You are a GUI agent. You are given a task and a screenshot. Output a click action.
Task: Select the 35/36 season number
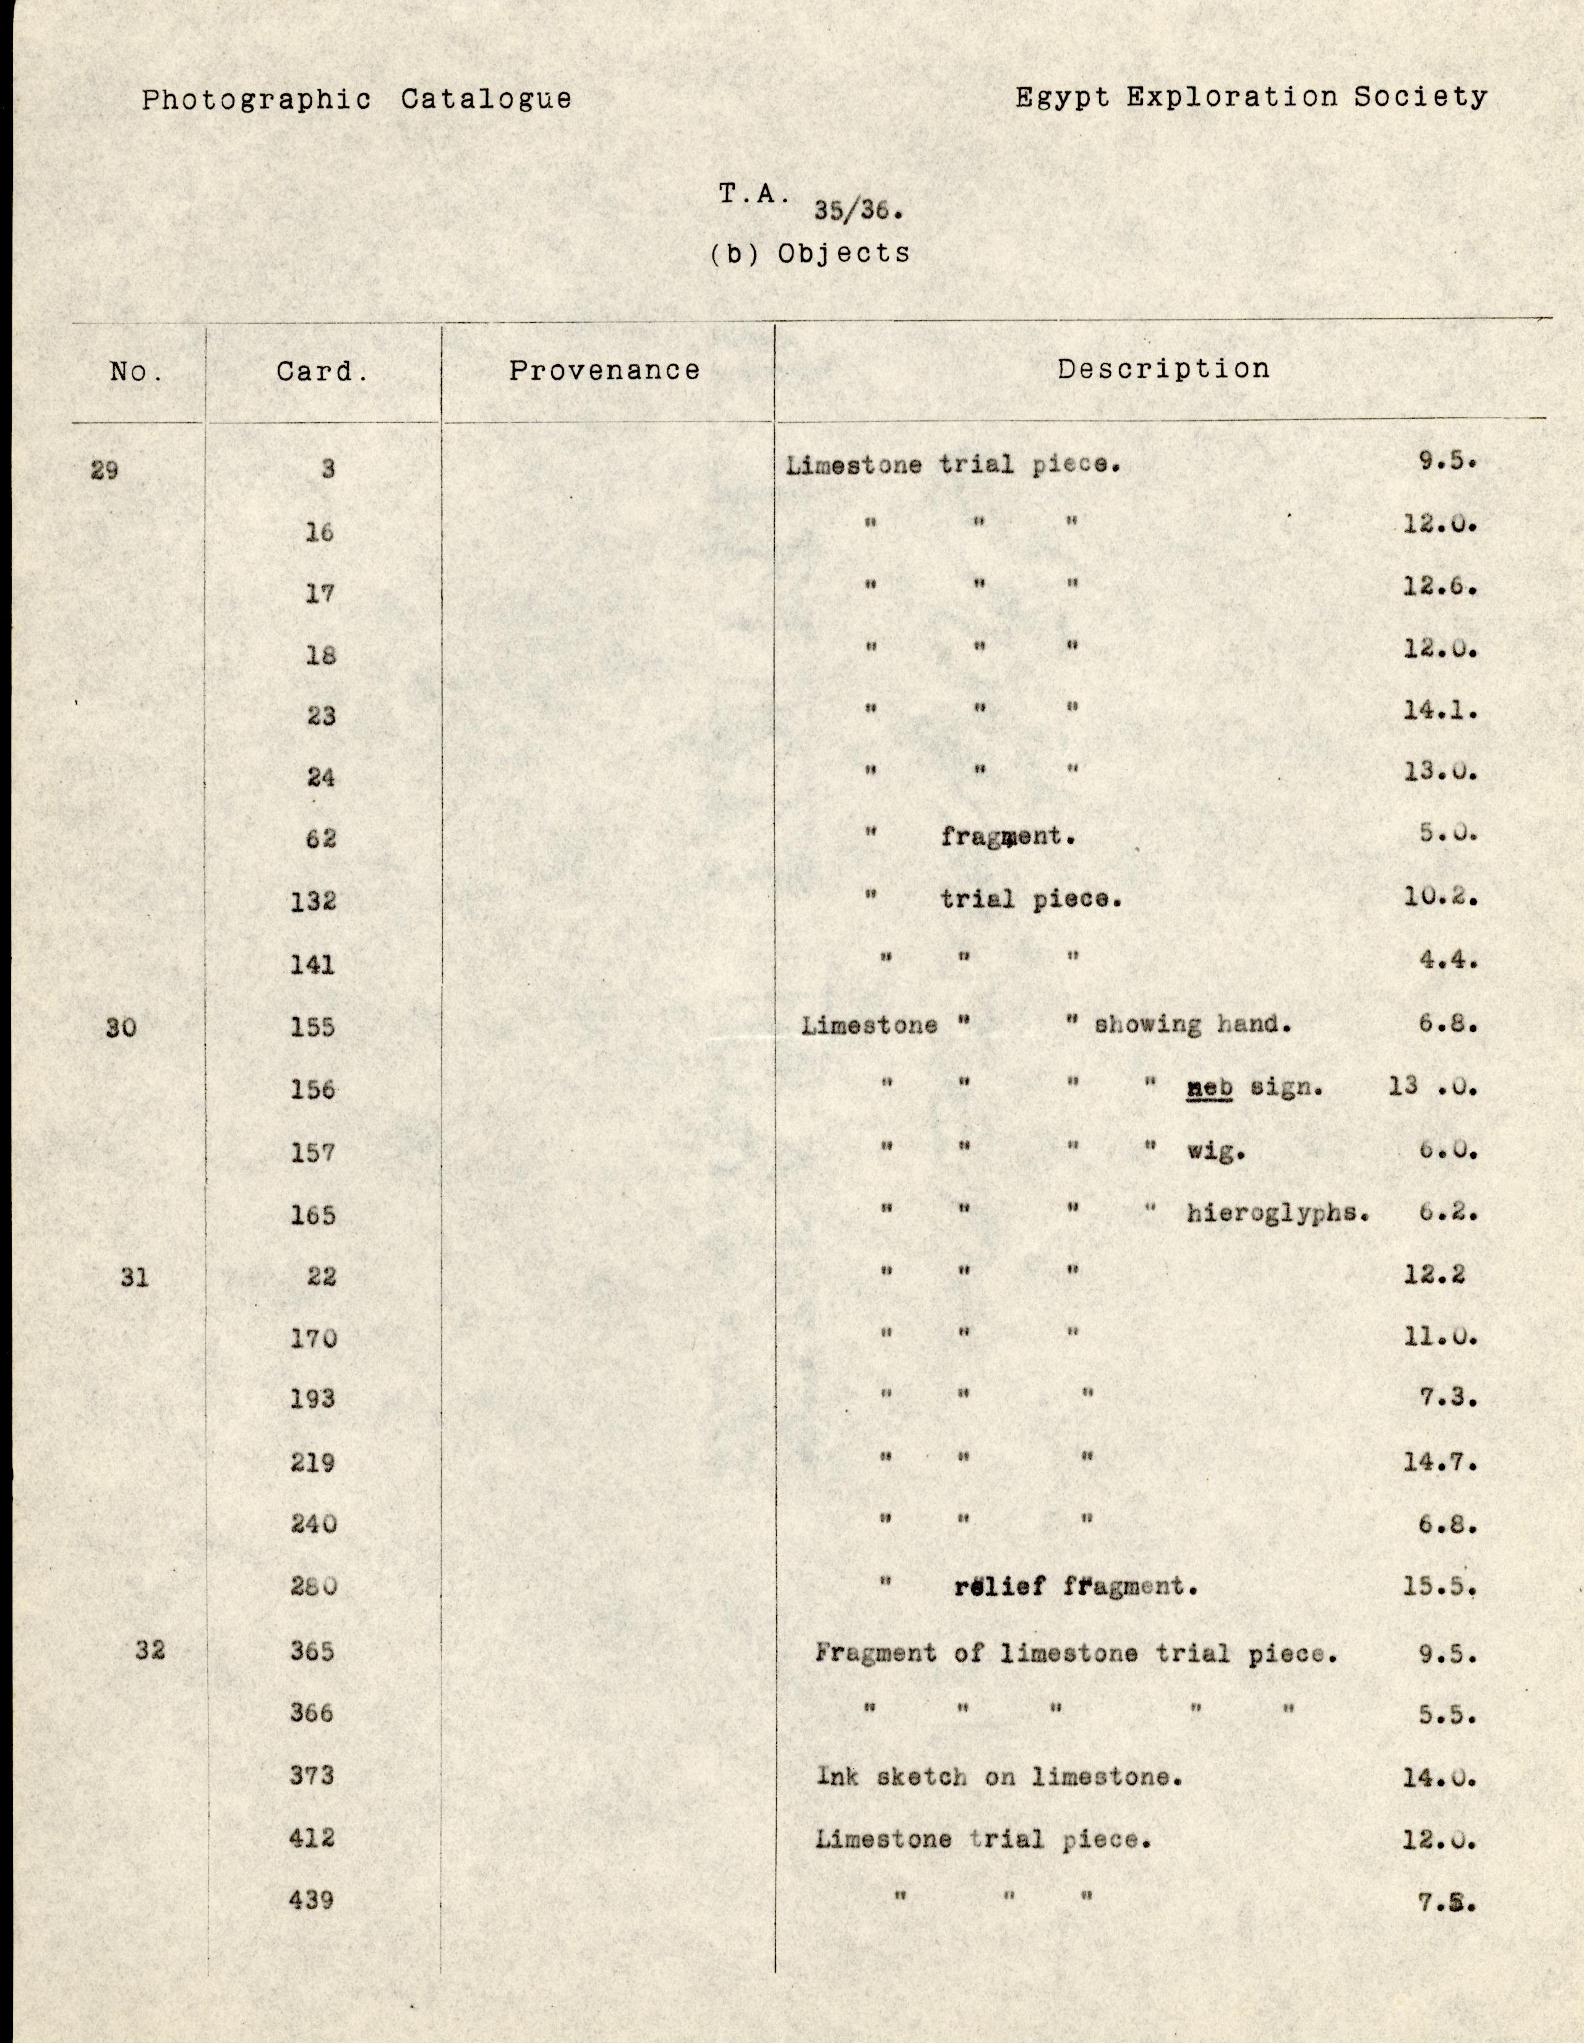click(x=857, y=210)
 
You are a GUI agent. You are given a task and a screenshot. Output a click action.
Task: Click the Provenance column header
click(x=604, y=370)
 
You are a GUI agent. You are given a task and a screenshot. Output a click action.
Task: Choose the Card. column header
click(x=322, y=372)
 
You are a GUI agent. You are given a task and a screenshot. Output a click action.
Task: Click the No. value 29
click(x=105, y=469)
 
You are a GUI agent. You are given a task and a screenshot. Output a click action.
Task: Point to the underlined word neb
click(x=1209, y=1087)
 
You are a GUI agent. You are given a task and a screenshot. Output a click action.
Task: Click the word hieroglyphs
click(x=1278, y=1213)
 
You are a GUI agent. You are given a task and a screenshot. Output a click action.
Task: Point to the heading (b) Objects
click(x=810, y=254)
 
